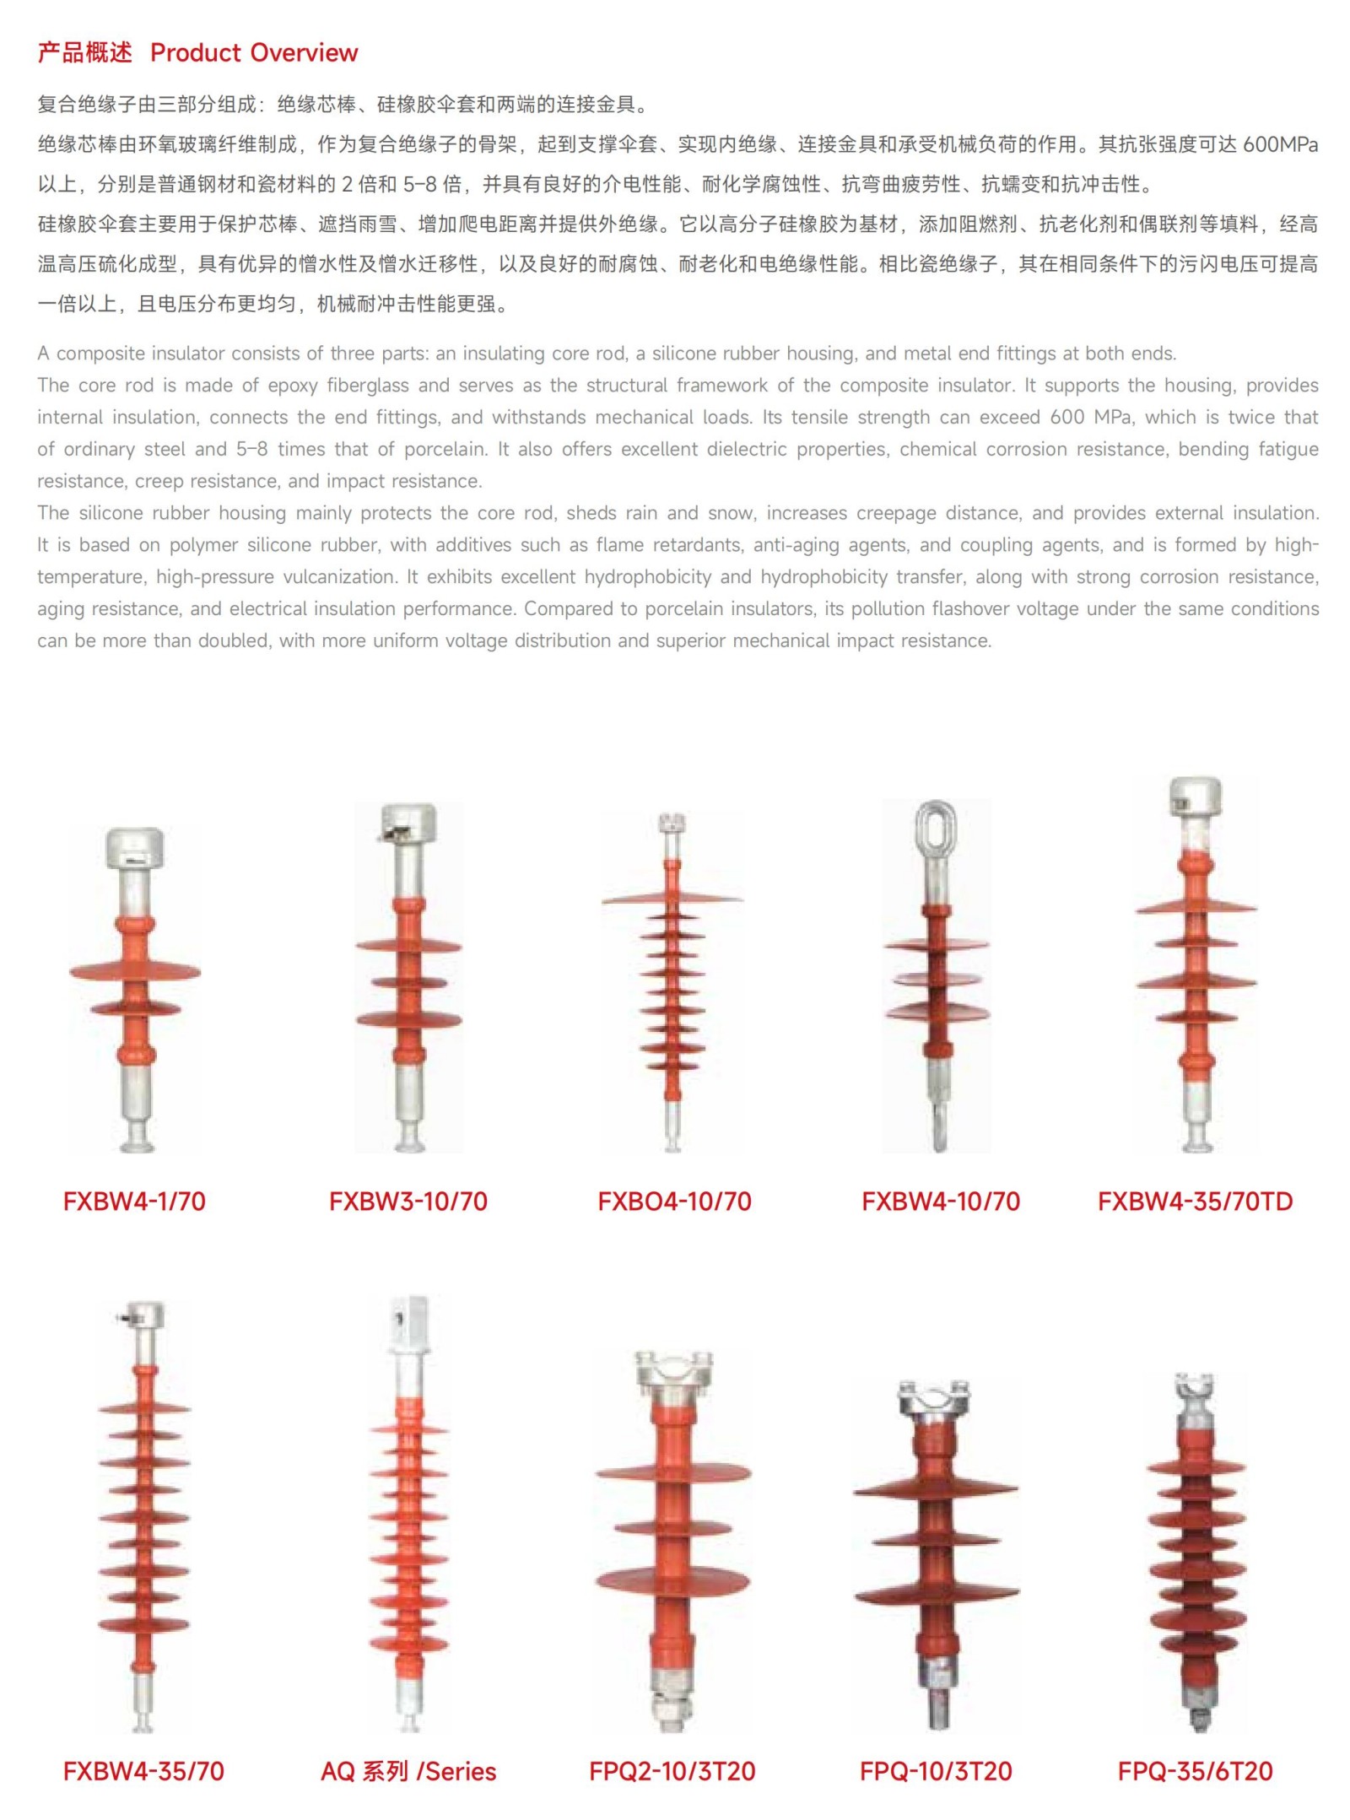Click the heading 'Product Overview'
pos(254,53)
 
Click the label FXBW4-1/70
pos(134,1201)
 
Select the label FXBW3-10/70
pos(408,1201)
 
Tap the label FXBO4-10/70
pos(674,1201)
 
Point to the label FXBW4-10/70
pos(941,1201)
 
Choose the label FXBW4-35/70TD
pos(1195,1201)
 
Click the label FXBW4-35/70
pos(143,1771)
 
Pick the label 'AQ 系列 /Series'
pos(408,1771)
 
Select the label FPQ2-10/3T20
pos(672,1771)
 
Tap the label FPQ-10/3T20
pos(936,1771)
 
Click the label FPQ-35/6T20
pos(1195,1771)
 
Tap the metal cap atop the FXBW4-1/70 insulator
pos(134,849)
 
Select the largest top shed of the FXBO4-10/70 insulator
pos(672,898)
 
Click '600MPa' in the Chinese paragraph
pos(1280,144)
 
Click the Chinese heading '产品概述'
pos(84,53)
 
